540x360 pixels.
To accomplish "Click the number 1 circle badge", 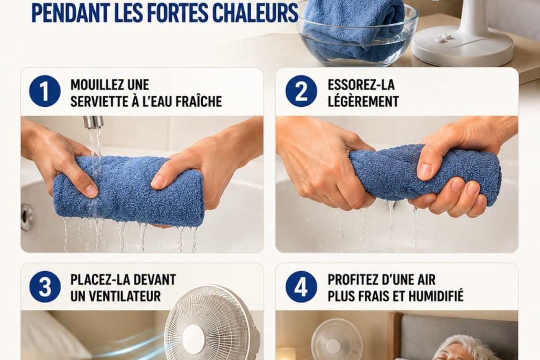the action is coord(45,91).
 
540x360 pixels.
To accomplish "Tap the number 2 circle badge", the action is coord(301,91).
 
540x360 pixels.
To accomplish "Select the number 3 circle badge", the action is coord(45,287).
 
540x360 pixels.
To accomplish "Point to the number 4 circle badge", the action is coord(301,287).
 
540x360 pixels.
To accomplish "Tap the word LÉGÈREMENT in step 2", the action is coord(363,102).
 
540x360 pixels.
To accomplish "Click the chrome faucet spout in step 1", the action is coord(93,122).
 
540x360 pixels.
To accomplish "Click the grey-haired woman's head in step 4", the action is coord(465,349).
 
